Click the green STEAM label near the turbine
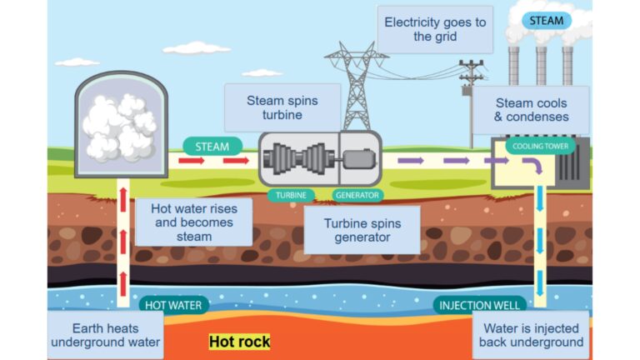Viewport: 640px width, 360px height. (212, 146)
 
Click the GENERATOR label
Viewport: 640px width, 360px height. (357, 196)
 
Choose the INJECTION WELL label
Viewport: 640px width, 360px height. (481, 305)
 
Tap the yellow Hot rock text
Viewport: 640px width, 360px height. (239, 342)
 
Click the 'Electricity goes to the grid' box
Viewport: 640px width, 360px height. (433, 30)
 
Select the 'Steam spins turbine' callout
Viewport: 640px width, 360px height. (282, 107)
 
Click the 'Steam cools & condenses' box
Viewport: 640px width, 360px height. (531, 110)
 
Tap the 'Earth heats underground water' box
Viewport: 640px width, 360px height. (92, 335)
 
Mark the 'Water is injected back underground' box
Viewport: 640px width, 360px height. (531, 335)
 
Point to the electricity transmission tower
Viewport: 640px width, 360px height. (357, 83)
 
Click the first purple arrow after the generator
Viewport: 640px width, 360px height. (411, 160)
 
